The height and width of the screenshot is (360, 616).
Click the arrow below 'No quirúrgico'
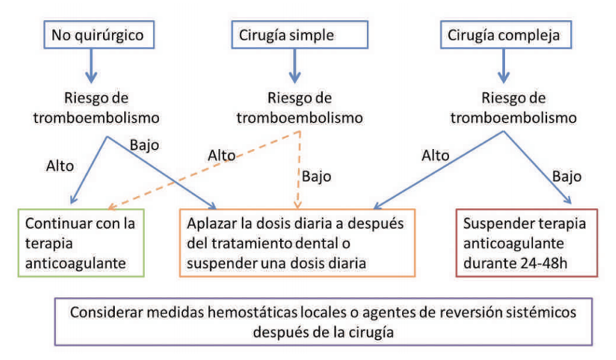(x=91, y=66)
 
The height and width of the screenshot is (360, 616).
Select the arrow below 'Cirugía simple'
(x=295, y=66)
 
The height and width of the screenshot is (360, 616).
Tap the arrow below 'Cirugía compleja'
(x=504, y=66)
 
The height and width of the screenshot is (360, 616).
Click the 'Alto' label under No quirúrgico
(x=60, y=166)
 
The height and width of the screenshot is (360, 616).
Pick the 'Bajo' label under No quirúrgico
(x=144, y=145)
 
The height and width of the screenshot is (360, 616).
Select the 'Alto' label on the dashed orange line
(x=222, y=155)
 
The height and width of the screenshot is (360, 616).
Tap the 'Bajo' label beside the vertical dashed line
(x=317, y=176)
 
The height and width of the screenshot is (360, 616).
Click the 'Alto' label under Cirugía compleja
(x=435, y=156)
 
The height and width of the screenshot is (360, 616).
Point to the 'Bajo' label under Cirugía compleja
(x=567, y=176)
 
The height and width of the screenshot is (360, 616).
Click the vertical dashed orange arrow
(x=299, y=170)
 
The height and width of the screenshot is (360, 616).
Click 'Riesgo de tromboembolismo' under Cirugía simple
(x=299, y=108)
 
